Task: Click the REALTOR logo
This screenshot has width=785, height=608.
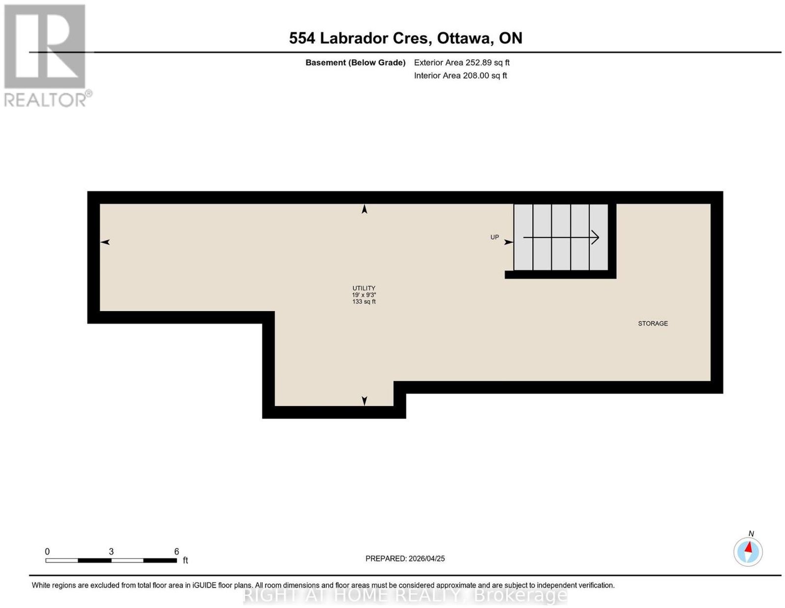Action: coord(47,55)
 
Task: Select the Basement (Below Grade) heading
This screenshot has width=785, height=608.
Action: coord(355,62)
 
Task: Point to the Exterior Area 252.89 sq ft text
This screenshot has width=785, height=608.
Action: coord(461,62)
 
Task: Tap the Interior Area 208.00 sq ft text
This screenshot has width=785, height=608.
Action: coord(460,76)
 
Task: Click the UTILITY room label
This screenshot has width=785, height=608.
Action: coord(364,288)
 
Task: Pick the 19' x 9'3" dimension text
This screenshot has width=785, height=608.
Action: coord(364,295)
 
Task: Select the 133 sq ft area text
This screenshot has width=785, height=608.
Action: coord(364,301)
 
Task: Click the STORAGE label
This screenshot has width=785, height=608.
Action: coord(653,323)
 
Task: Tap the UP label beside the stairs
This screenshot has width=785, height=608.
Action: coord(494,237)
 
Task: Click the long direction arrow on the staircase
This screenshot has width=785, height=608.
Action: coord(561,238)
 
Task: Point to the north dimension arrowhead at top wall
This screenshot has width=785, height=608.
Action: coord(364,209)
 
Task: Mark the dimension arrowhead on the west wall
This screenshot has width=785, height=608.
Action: coord(105,242)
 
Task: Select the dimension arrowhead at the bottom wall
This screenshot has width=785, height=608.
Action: coord(364,400)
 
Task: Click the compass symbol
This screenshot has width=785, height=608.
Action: coord(747,552)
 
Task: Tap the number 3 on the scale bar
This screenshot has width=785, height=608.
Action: coord(111,551)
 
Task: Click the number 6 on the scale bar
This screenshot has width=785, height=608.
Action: coord(176,551)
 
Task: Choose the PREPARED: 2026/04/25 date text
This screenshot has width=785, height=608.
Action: coord(405,558)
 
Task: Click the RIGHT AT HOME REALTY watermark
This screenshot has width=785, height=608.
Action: coord(405,595)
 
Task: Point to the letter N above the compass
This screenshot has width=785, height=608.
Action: coord(751,533)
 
